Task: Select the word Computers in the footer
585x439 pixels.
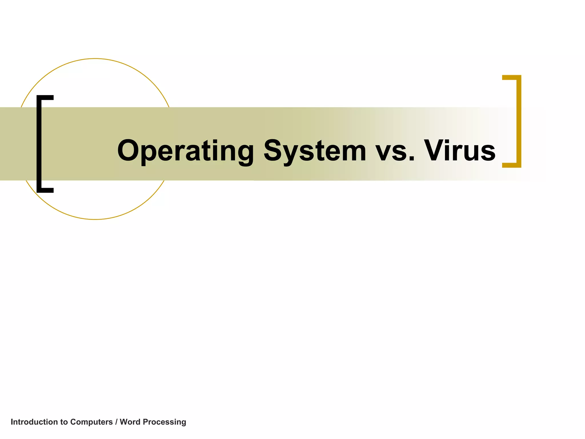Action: tap(91, 422)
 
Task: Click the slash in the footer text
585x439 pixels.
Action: tap(116, 422)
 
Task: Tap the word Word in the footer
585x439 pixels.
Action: tap(130, 422)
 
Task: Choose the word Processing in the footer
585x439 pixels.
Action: tap(165, 422)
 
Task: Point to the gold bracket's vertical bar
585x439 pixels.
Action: tap(519, 121)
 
